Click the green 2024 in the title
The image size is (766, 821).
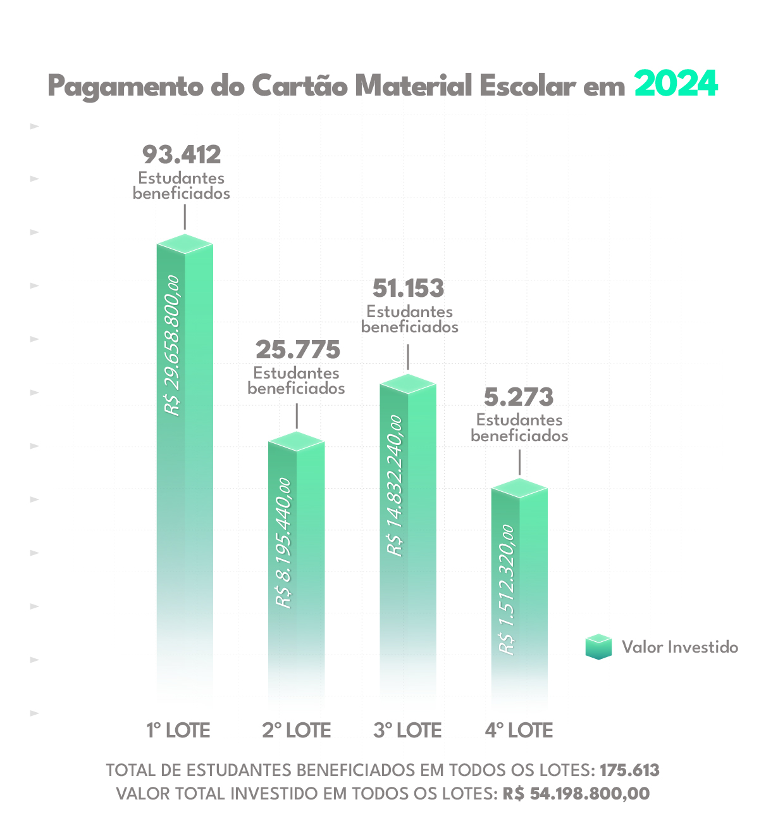pos(676,84)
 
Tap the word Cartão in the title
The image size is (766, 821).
pos(299,85)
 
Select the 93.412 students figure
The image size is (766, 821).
pos(182,154)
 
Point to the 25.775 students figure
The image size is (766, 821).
pos(298,349)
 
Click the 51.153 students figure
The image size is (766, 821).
pos(409,289)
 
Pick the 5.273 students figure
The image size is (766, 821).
pos(519,398)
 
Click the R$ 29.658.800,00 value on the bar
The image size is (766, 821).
pos(172,346)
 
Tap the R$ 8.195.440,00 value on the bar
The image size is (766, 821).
pos(284,543)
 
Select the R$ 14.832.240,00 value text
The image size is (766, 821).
pos(395,486)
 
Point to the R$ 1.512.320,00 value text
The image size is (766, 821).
pos(507,589)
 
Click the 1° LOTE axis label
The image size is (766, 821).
pos(178,730)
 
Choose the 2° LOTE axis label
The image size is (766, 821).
pos(297,730)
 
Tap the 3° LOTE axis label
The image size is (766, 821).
pos(407,730)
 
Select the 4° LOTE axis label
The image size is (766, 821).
pos(519,730)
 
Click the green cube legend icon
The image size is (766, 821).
pos(598,646)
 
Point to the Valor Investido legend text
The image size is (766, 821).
pos(680,647)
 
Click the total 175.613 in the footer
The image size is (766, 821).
pos(629,770)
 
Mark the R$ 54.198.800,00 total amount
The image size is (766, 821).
pos(576,793)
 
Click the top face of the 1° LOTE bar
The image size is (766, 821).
pos(185,243)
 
